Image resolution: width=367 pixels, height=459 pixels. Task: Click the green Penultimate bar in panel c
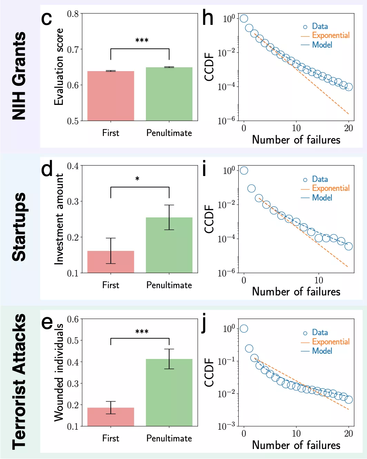169,94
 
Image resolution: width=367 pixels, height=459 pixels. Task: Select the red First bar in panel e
111,417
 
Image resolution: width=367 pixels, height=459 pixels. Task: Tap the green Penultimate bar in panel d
169,245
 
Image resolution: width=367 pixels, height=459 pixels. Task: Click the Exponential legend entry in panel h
330,35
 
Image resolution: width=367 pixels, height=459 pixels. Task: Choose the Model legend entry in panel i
322,198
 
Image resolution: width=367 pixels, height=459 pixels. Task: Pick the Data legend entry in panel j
319,332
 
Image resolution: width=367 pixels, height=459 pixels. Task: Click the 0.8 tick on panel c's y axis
73,14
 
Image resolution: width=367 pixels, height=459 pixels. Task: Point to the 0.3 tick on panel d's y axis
73,201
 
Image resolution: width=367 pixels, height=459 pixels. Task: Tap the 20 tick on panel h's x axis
348,128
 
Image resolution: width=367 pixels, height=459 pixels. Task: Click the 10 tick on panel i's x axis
319,280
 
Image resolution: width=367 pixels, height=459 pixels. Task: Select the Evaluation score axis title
59,67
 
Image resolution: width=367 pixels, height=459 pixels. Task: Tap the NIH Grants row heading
19,76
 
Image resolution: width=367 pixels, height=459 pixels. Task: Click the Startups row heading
19,227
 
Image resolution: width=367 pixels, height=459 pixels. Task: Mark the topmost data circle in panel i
244,170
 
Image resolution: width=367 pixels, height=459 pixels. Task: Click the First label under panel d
110,285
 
